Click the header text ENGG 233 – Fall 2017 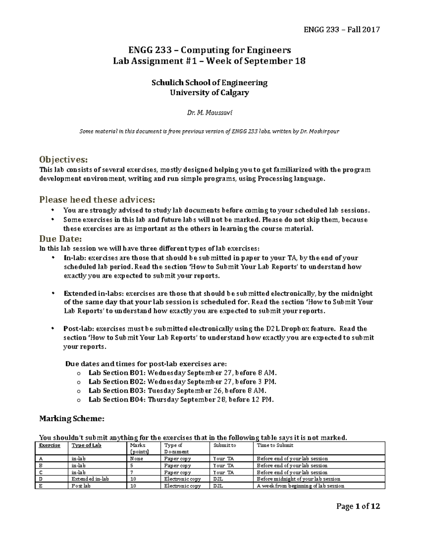(x=341, y=29)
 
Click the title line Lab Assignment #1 (x=209, y=61)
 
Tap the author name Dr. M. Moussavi (x=209, y=113)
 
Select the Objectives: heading (x=63, y=160)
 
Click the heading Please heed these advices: (x=97, y=200)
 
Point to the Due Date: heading (x=60, y=239)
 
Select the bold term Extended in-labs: (x=94, y=293)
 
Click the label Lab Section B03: (x=117, y=391)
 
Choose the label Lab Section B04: (x=117, y=399)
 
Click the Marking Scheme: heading (x=72, y=418)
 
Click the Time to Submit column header (x=275, y=445)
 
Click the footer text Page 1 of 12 (x=358, y=506)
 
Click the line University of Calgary (x=209, y=93)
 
